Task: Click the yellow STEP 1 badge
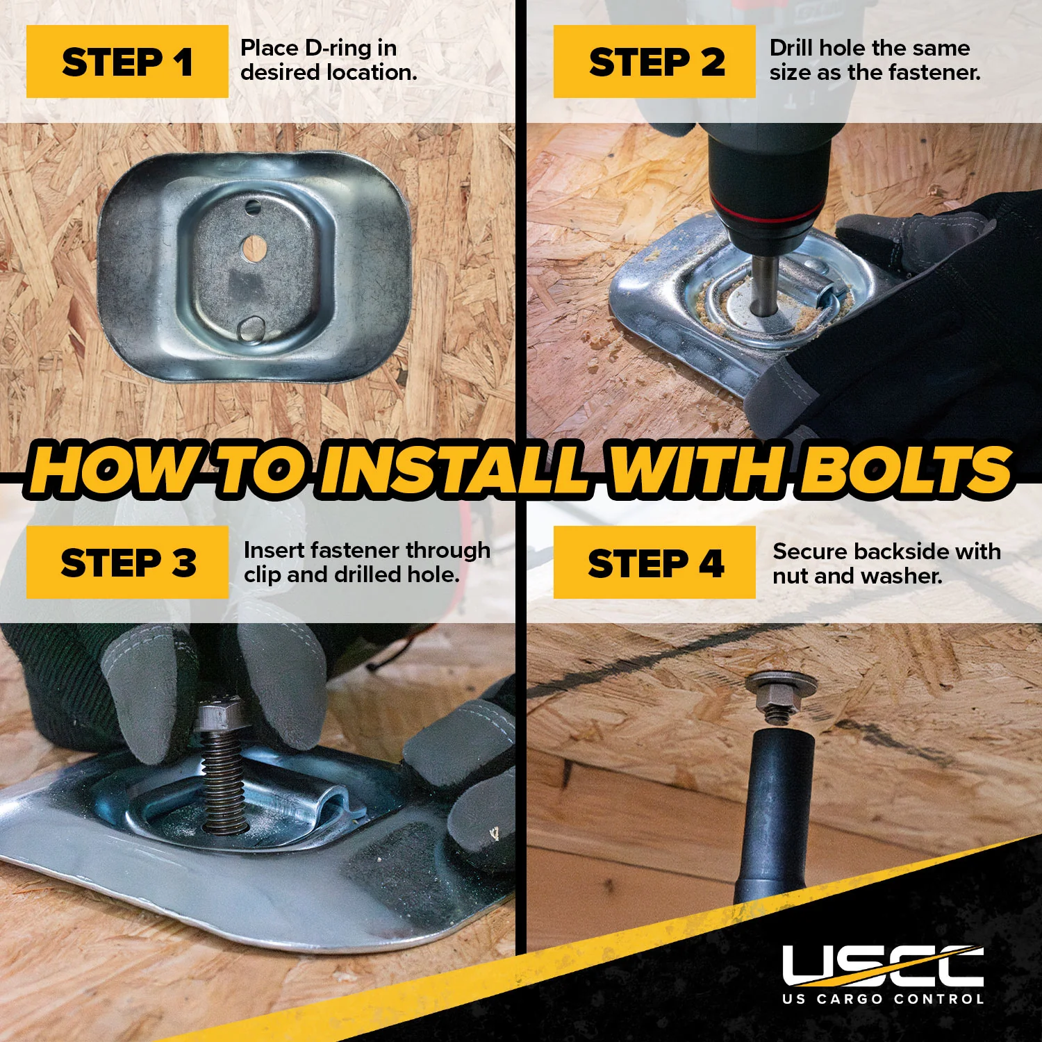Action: (127, 61)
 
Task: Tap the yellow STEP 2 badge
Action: (654, 61)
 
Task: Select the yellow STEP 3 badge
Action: (127, 562)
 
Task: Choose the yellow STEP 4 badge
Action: (654, 562)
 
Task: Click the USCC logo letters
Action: (883, 966)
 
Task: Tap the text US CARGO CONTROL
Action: (883, 999)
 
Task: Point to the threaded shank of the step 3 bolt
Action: (224, 781)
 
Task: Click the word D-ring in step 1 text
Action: (338, 48)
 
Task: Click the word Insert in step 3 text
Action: (274, 550)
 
